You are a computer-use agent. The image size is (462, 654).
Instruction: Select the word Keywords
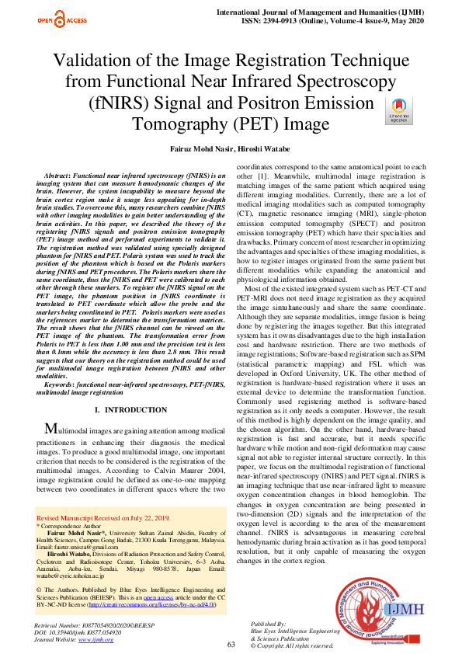tap(60, 385)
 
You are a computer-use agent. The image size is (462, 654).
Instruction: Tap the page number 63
tap(231, 645)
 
